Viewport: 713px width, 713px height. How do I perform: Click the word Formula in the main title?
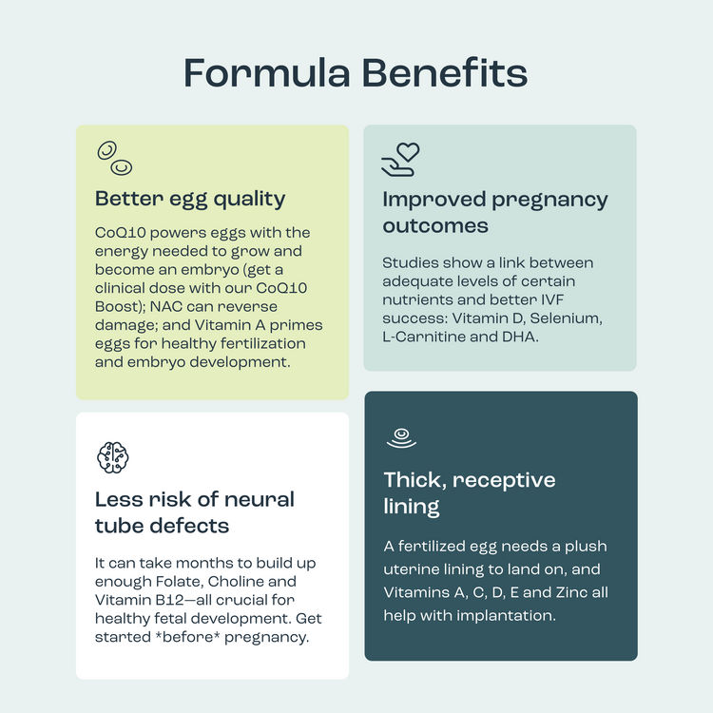pyautogui.click(x=267, y=73)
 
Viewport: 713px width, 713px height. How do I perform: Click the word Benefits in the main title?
pyautogui.click(x=445, y=73)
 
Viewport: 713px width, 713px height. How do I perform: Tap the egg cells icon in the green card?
pyautogui.click(x=115, y=158)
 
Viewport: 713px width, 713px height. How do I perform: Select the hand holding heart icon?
pyautogui.click(x=400, y=159)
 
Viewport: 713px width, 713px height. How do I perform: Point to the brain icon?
pyautogui.click(x=113, y=457)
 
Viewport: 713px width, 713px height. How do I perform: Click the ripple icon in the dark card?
pyautogui.click(x=401, y=438)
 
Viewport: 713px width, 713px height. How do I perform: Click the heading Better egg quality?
pyautogui.click(x=190, y=200)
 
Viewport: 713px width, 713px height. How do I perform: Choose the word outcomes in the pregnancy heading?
pyautogui.click(x=435, y=226)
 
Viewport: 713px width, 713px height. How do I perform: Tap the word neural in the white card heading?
pyautogui.click(x=260, y=499)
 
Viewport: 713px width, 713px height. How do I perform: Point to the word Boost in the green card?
pyautogui.click(x=116, y=306)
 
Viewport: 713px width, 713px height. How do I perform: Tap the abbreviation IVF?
pyautogui.click(x=552, y=299)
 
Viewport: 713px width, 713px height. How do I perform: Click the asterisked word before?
pyautogui.click(x=187, y=637)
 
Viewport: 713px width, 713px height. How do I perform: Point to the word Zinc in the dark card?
pyautogui.click(x=567, y=592)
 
